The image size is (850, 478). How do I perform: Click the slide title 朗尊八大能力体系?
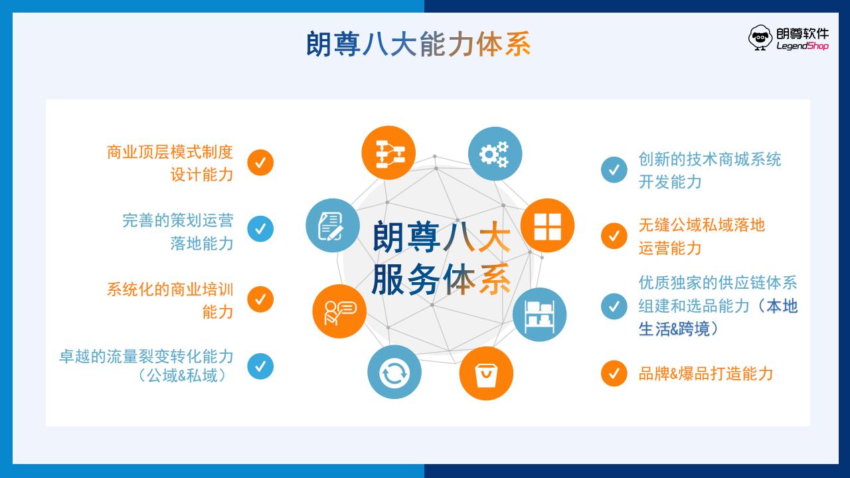pyautogui.click(x=418, y=44)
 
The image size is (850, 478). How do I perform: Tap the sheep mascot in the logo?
pyautogui.click(x=760, y=38)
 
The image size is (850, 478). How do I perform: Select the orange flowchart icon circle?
pyautogui.click(x=388, y=153)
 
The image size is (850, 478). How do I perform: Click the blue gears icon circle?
pyautogui.click(x=495, y=153)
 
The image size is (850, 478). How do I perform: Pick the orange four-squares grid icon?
pyautogui.click(x=547, y=225)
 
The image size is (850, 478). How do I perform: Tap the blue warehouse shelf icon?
pyautogui.click(x=540, y=315)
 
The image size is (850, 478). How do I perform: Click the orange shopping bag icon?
pyautogui.click(x=486, y=373)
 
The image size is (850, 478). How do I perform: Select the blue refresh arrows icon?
pyautogui.click(x=394, y=372)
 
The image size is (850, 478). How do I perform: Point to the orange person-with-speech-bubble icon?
pyautogui.click(x=339, y=311)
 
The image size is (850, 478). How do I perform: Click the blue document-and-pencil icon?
pyautogui.click(x=333, y=225)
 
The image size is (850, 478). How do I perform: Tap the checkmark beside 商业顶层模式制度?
pyautogui.click(x=260, y=163)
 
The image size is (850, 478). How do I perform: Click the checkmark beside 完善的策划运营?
pyautogui.click(x=260, y=229)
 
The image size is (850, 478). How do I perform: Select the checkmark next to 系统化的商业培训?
pyautogui.click(x=260, y=299)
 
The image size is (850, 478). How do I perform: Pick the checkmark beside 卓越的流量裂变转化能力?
pyautogui.click(x=260, y=366)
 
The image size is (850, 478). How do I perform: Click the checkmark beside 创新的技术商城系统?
pyautogui.click(x=614, y=169)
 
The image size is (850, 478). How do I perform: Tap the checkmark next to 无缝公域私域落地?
pyautogui.click(x=614, y=236)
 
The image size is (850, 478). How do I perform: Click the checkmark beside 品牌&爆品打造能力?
pyautogui.click(x=614, y=373)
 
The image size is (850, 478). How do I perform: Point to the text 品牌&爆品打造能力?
pyautogui.click(x=706, y=374)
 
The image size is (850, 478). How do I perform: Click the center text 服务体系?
pyautogui.click(x=441, y=279)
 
